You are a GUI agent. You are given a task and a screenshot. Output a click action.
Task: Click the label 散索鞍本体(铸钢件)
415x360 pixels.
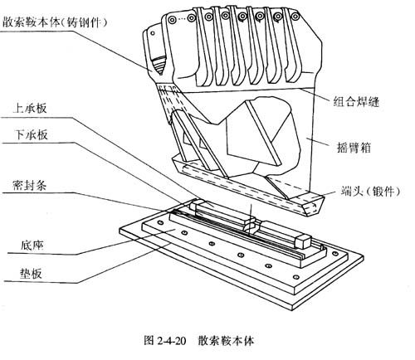click(x=55, y=22)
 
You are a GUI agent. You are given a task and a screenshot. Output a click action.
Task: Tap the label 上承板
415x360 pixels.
click(x=30, y=108)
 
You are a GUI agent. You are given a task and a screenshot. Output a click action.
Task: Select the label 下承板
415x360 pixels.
click(x=31, y=134)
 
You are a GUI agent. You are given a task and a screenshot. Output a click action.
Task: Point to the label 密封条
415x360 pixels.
click(x=29, y=185)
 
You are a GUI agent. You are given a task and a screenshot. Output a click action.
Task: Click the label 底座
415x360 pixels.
click(x=32, y=245)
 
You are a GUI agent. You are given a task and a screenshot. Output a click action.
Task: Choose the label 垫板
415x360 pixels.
click(x=31, y=274)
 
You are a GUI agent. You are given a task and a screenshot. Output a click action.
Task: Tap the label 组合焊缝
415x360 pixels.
click(x=356, y=102)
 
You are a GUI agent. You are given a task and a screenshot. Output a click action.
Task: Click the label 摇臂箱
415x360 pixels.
click(x=354, y=147)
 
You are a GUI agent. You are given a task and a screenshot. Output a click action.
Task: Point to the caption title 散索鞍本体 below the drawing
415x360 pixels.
click(x=226, y=340)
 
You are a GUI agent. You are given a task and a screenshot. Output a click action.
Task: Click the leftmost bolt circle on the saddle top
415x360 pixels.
click(x=172, y=19)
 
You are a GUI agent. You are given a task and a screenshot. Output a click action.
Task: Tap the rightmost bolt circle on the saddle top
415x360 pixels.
click(x=295, y=17)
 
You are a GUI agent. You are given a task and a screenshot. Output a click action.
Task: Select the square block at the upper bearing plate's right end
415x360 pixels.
click(x=304, y=241)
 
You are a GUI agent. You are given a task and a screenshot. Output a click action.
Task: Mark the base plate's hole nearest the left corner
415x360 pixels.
click(x=159, y=222)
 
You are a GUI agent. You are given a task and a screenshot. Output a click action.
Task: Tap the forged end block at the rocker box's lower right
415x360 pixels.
click(x=313, y=205)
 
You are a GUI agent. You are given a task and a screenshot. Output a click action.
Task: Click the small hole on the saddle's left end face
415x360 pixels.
click(x=153, y=33)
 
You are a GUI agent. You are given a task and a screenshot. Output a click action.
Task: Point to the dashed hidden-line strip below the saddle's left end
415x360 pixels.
click(x=169, y=100)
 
